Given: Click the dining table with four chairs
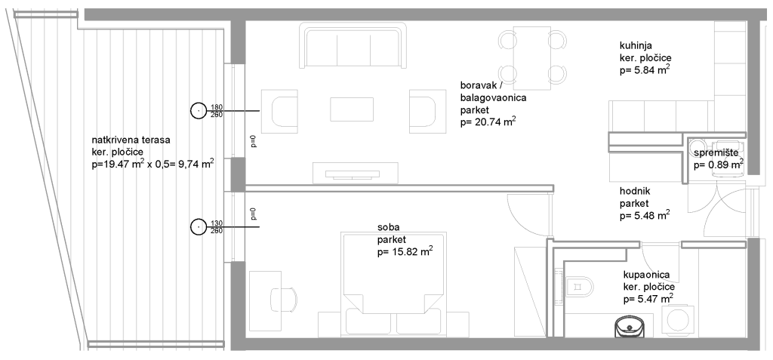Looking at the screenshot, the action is click(x=532, y=58).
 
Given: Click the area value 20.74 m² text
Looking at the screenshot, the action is click(x=488, y=122).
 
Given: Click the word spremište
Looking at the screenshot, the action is click(x=716, y=153).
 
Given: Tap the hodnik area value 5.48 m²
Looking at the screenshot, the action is click(x=645, y=215).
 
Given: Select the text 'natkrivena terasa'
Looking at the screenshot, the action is click(x=131, y=140).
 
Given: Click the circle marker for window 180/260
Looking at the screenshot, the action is click(x=199, y=110).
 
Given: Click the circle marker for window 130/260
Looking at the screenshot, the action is click(x=199, y=226).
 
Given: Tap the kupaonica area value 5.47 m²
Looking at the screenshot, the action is click(x=648, y=299).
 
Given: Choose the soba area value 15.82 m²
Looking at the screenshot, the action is click(x=405, y=252).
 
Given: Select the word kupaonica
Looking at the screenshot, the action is click(x=646, y=275).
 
